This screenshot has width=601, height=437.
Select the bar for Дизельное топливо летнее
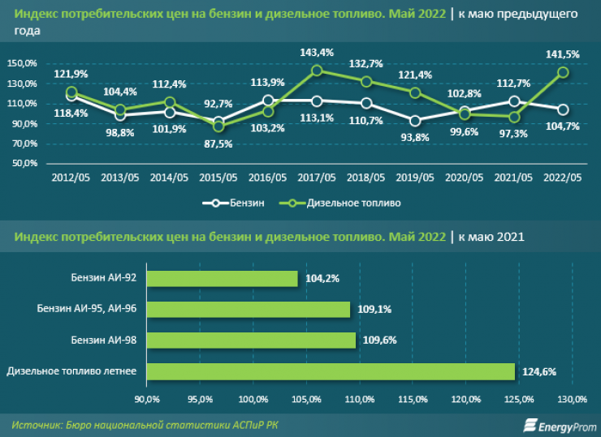point(331,371)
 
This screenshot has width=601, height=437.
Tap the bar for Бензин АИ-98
point(251,340)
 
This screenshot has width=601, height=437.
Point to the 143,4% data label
point(317,53)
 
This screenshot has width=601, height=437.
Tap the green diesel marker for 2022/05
point(563,72)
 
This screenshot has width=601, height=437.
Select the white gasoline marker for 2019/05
point(416,121)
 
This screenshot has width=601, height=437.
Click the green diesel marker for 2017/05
point(317,71)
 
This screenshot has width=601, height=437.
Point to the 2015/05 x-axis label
point(218,178)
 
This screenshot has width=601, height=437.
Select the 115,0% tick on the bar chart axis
point(413,399)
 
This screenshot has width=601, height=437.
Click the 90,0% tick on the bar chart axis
point(146,399)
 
